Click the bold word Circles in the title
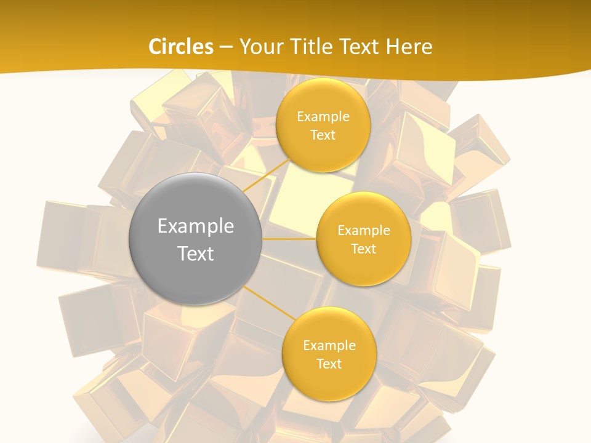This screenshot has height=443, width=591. tap(181, 47)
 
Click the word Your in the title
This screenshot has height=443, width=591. tap(260, 47)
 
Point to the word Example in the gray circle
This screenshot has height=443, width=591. tap(196, 226)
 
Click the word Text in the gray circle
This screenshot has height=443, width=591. tap(196, 253)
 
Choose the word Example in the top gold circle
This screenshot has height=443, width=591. tap(323, 116)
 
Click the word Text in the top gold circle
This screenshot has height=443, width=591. tap(323, 135)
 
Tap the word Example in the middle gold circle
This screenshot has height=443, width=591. tap(364, 230)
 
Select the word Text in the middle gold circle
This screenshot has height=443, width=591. tap(363, 249)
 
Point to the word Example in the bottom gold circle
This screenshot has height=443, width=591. tap(329, 345)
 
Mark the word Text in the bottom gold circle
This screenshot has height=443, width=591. tap(329, 364)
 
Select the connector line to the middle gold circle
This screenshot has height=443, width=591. tap(289, 239)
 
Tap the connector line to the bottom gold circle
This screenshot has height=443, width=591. tap(268, 303)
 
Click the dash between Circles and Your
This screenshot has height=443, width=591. tap(226, 47)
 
